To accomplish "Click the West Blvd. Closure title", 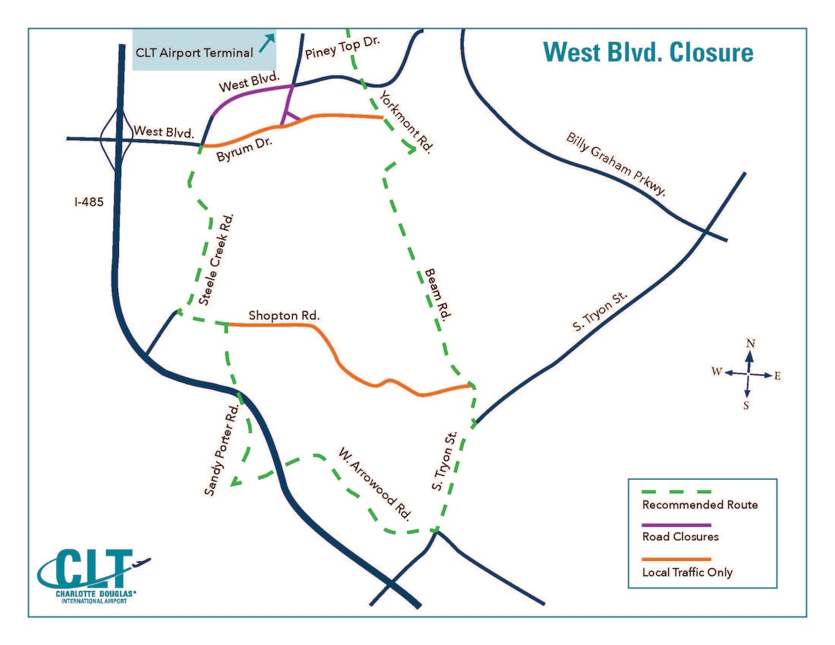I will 648,53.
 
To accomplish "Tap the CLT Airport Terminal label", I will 194,53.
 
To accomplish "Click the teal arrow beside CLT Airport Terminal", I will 267,43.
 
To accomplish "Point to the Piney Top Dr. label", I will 342,48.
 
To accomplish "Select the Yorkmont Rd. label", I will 406,122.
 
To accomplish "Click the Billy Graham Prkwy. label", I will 616,164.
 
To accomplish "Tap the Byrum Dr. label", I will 244,149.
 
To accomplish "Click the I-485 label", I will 89,202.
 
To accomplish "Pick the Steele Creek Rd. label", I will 216,260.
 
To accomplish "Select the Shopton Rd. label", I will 284,315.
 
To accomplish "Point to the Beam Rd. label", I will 437,294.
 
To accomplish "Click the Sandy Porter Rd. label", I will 222,450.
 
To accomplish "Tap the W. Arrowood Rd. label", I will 375,484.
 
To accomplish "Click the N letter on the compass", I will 750,343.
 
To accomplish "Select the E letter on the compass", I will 777,376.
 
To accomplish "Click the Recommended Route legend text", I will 700,505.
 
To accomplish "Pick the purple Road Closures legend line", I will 676,525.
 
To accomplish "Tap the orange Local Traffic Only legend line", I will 676,559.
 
